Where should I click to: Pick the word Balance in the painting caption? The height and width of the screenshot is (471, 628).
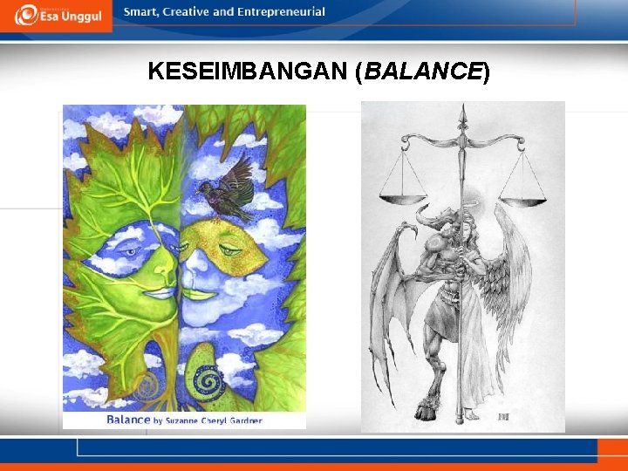128,420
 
